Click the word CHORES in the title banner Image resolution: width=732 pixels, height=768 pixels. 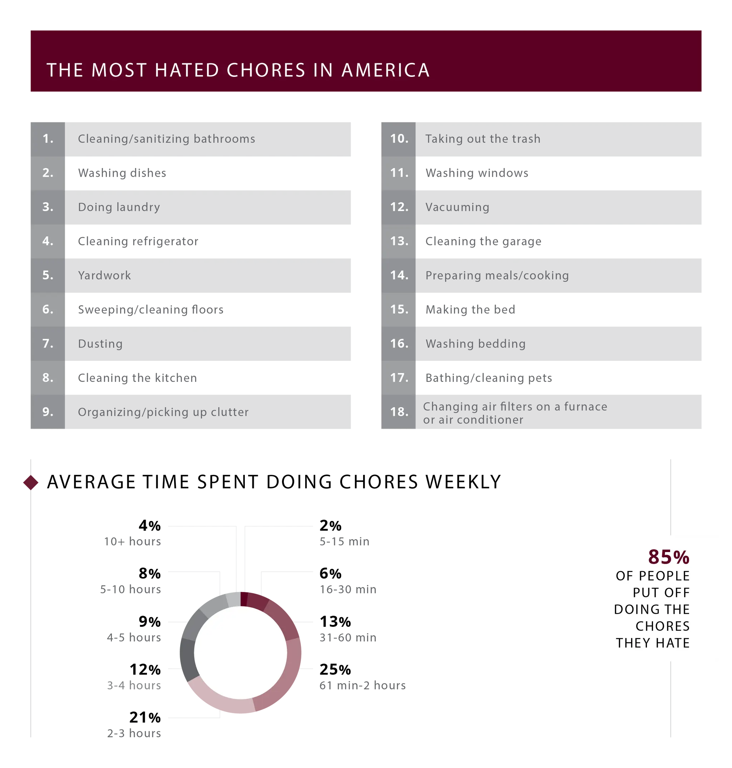(266, 70)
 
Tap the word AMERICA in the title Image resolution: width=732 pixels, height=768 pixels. (386, 70)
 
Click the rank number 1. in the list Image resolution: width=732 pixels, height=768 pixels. (48, 138)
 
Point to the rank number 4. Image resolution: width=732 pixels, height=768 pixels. (48, 241)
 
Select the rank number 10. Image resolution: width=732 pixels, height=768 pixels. (399, 138)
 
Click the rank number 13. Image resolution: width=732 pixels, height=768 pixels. (399, 241)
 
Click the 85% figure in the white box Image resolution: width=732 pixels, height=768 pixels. (669, 557)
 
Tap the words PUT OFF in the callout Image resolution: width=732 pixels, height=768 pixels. (661, 592)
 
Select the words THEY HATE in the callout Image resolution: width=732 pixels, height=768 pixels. (652, 643)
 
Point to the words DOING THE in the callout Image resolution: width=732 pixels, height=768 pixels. (652, 609)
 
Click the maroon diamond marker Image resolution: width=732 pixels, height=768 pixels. (31, 482)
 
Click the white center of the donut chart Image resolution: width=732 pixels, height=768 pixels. (240, 653)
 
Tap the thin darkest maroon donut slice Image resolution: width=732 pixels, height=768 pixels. (244, 598)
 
